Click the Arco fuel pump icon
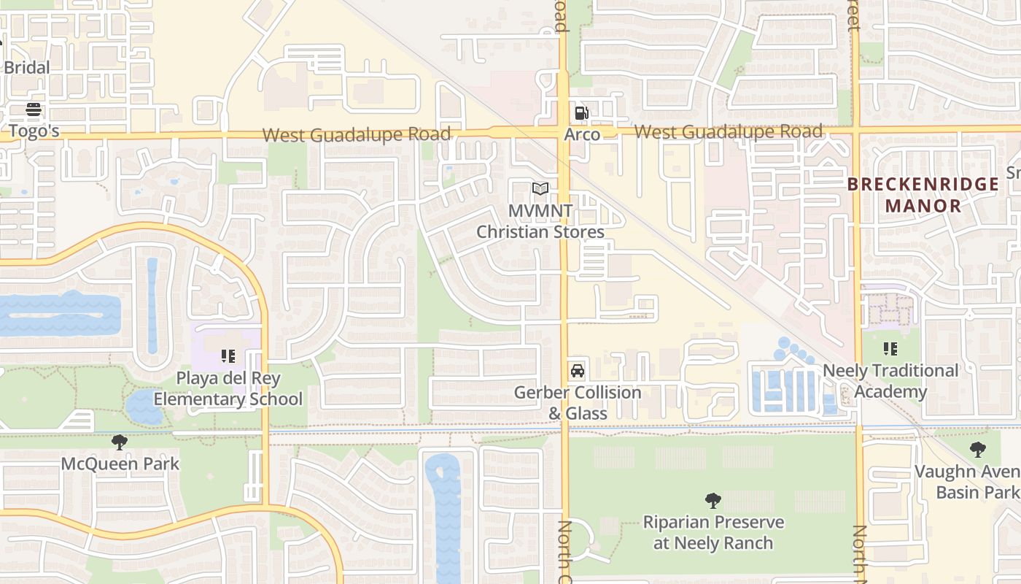pyautogui.click(x=581, y=113)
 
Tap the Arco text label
pyautogui.click(x=582, y=134)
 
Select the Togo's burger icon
pyautogui.click(x=34, y=110)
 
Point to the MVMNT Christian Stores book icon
pyautogui.click(x=540, y=189)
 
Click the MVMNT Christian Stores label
pyautogui.click(x=540, y=221)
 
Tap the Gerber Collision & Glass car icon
pyautogui.click(x=578, y=371)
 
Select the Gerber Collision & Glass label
pyautogui.click(x=578, y=403)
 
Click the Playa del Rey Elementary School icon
pyautogui.click(x=228, y=356)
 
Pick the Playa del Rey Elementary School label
pyautogui.click(x=228, y=389)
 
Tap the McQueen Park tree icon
pyautogui.click(x=120, y=442)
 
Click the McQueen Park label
pyautogui.click(x=120, y=464)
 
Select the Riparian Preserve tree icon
pyautogui.click(x=713, y=501)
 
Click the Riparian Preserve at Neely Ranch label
pyautogui.click(x=713, y=533)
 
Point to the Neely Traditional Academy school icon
pyautogui.click(x=890, y=349)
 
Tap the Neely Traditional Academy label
pyautogui.click(x=890, y=381)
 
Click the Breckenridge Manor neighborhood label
pyautogui.click(x=923, y=195)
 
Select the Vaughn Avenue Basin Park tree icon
pyautogui.click(x=978, y=450)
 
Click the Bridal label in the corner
pyautogui.click(x=27, y=68)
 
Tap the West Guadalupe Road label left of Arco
pyautogui.click(x=357, y=135)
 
